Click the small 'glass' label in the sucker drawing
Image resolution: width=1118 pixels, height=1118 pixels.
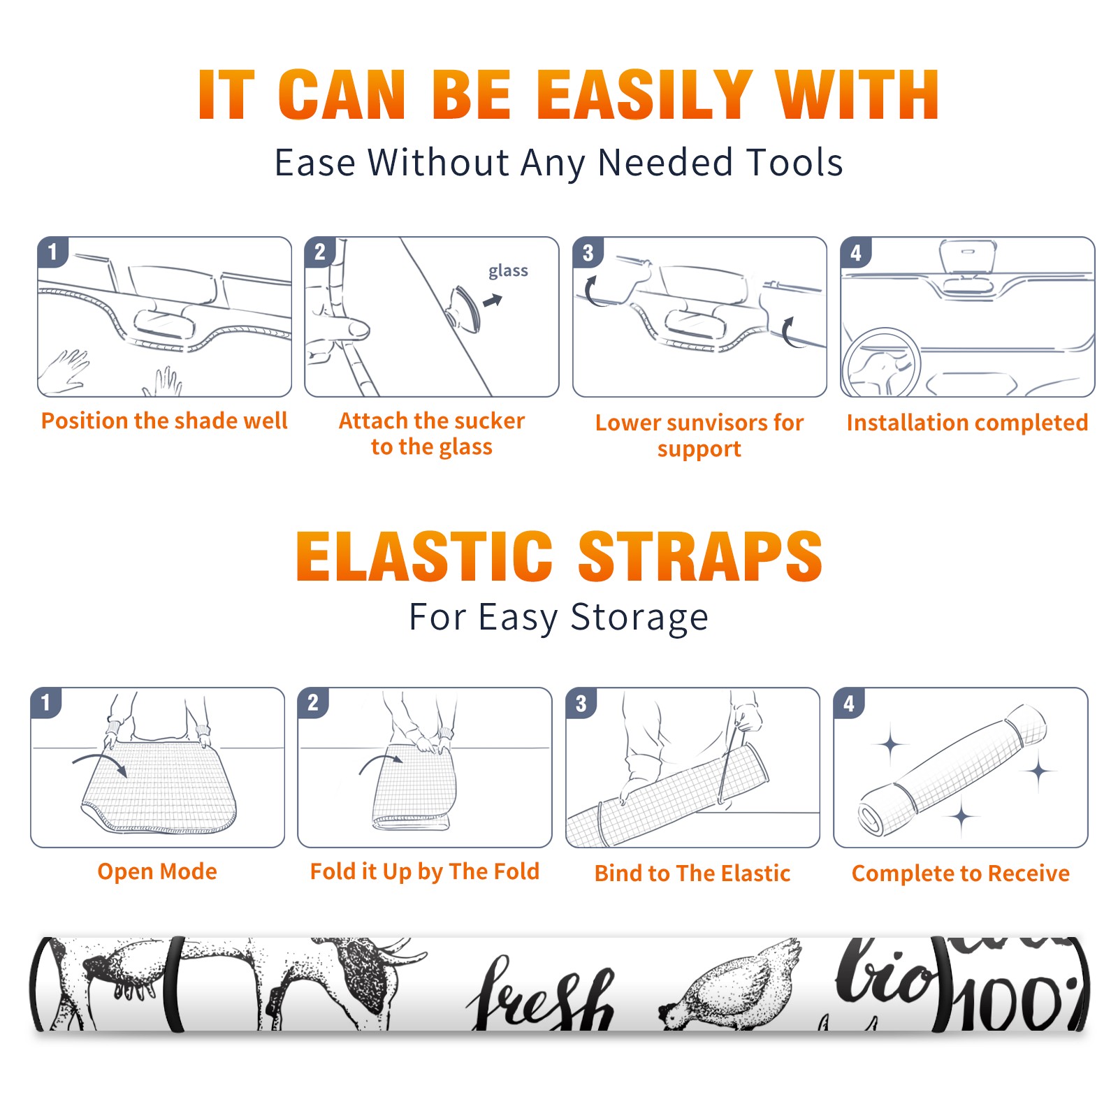tap(508, 270)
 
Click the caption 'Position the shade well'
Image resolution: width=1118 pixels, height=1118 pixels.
tap(164, 421)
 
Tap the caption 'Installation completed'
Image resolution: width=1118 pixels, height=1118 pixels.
tap(967, 422)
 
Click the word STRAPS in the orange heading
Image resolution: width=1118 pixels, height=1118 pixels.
tap(700, 556)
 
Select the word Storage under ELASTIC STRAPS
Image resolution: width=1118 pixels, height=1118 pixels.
tap(639, 618)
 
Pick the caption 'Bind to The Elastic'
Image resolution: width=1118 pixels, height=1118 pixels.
tap(692, 873)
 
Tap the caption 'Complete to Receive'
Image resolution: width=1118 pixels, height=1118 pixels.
tap(961, 873)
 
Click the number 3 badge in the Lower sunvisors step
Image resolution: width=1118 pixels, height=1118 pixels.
tap(588, 253)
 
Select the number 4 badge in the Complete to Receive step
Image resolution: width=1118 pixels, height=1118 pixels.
tap(849, 703)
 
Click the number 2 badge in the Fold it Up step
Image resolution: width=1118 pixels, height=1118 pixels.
tap(313, 702)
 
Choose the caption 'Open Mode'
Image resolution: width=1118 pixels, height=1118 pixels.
tap(157, 871)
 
